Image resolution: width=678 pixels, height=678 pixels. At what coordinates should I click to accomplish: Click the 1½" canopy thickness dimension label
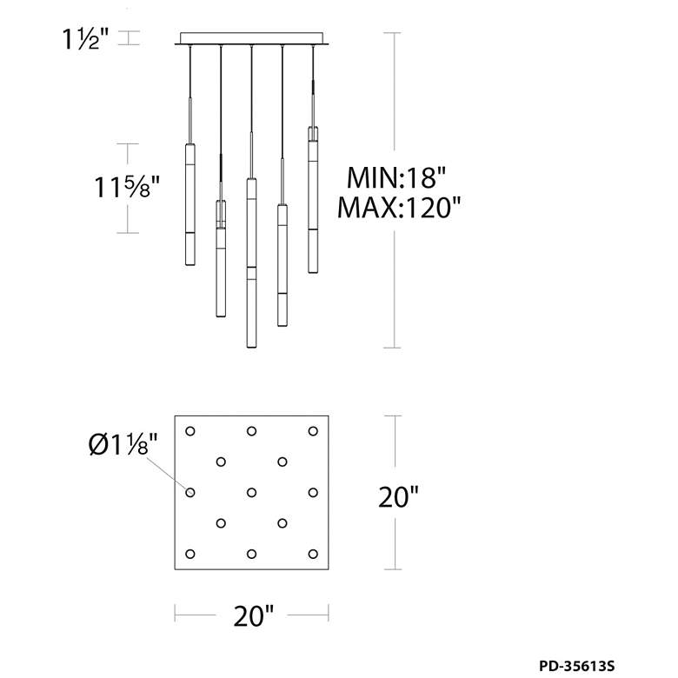85,39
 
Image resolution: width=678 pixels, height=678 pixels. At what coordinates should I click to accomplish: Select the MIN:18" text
396,177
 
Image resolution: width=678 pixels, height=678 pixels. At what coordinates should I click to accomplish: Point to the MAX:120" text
399,207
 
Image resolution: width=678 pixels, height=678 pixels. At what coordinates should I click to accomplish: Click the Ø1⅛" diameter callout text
123,444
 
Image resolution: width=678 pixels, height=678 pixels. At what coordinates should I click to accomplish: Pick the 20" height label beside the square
398,497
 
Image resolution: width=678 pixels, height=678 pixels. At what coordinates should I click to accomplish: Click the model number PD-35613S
576,666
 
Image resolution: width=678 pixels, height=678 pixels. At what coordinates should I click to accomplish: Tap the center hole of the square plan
252,493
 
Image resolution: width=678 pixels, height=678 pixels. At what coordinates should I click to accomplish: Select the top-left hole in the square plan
190,431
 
